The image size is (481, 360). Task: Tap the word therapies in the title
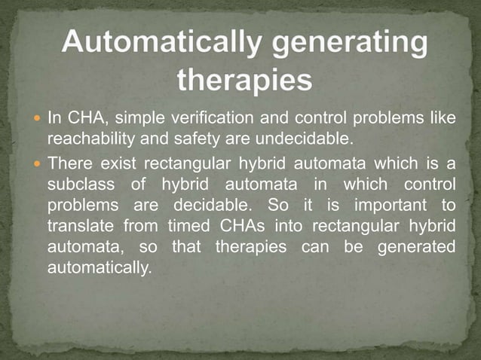(x=244, y=79)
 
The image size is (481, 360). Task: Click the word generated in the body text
(x=423, y=247)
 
